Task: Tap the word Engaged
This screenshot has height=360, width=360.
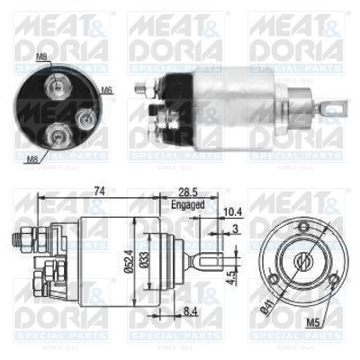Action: tap(187, 204)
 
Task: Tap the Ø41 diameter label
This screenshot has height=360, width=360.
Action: tap(266, 315)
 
